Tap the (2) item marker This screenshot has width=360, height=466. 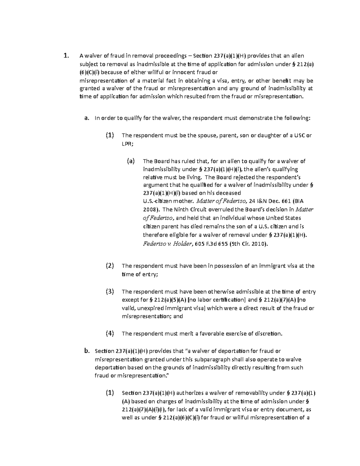pos(110,266)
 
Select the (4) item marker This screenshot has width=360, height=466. pos(110,333)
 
